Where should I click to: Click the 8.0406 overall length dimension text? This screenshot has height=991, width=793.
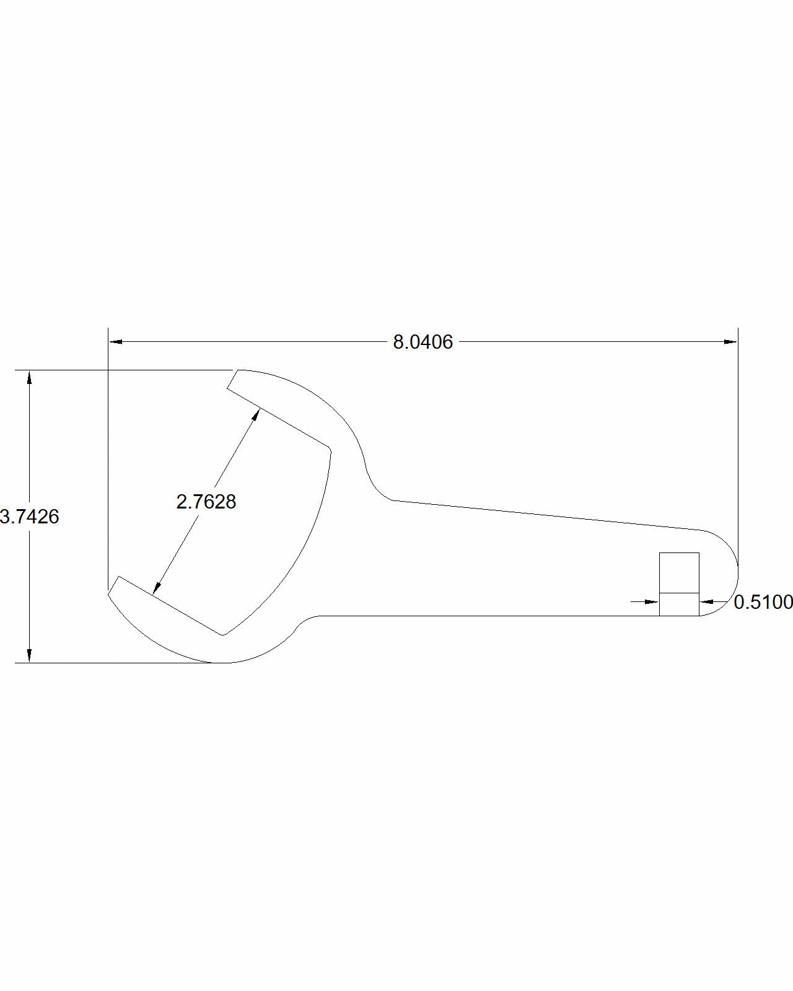[x=423, y=342]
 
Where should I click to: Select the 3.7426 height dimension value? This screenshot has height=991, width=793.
[x=30, y=517]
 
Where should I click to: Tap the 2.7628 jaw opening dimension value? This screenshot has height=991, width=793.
[x=206, y=501]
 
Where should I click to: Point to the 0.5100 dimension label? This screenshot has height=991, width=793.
[x=763, y=601]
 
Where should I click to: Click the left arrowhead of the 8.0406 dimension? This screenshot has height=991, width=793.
[x=115, y=341]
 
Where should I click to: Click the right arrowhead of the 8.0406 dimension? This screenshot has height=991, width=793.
[x=731, y=341]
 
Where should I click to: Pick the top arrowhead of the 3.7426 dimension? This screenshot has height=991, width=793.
[x=29, y=377]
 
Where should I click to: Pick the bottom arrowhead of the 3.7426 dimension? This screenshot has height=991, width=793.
[x=29, y=656]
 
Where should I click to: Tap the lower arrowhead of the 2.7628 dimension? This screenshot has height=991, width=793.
[x=157, y=588]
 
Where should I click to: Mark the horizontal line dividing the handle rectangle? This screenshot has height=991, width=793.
[x=679, y=593]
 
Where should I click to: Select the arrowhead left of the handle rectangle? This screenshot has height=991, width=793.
[x=652, y=601]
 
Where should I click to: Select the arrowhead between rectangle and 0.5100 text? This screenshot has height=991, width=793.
[x=707, y=601]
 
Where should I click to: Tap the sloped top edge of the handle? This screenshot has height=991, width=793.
[x=545, y=515]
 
